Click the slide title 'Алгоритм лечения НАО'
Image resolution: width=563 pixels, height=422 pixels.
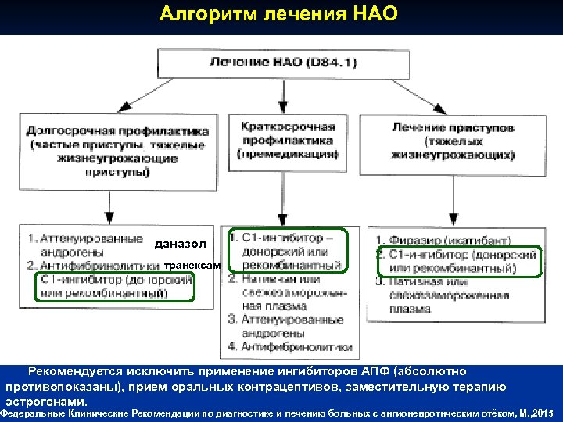point(278,15)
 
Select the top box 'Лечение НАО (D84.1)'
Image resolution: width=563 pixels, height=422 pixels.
point(283,63)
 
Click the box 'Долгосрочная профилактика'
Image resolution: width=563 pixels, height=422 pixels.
point(117,152)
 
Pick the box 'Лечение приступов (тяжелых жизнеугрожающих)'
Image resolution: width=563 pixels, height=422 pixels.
point(454,141)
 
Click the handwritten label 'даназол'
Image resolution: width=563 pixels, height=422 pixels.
point(181,245)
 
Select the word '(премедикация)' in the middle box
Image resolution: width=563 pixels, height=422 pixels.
point(288,154)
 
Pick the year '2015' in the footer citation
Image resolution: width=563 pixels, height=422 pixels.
point(548,412)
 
